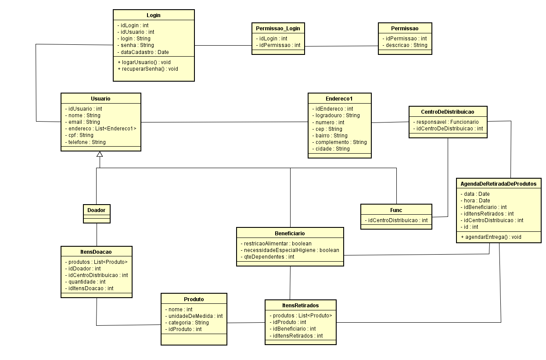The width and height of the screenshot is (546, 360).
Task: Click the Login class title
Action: (x=153, y=15)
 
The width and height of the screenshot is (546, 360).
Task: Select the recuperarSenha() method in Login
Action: (x=148, y=69)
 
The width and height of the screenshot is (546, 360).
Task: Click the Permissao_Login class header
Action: (x=278, y=28)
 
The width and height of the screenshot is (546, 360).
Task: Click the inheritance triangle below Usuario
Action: (x=100, y=154)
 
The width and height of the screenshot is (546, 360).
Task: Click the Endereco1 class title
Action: (x=339, y=99)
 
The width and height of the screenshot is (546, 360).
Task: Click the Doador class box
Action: (x=96, y=210)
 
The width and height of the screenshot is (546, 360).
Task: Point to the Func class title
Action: (x=396, y=210)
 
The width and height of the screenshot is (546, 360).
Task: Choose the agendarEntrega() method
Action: (x=491, y=237)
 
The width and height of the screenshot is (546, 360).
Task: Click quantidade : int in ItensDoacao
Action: (x=87, y=281)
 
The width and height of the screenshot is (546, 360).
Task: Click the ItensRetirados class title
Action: (x=301, y=305)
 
